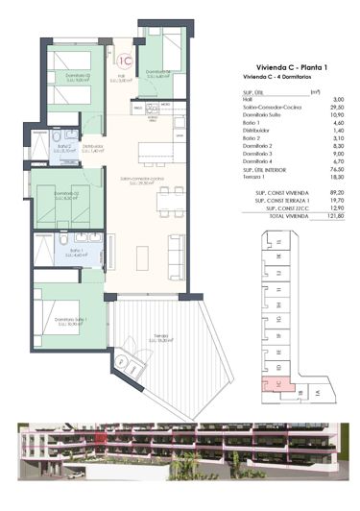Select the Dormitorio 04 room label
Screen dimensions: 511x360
click(157, 72)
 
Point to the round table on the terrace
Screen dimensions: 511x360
click(127, 363)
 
